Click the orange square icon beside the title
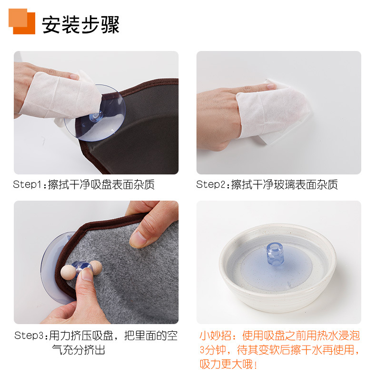pyautogui.click(x=22, y=21)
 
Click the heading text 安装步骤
pyautogui.click(x=81, y=24)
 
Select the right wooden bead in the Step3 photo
pyautogui.click(x=96, y=267)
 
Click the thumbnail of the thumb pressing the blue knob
pyautogui.click(x=87, y=275)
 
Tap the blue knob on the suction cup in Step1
pyautogui.click(x=96, y=116)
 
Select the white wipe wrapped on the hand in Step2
pyautogui.click(x=273, y=112)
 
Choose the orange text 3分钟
pyautogui.click(x=213, y=350)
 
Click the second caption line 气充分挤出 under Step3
pyautogui.click(x=79, y=350)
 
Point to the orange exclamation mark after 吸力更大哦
pyautogui.click(x=256, y=365)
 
